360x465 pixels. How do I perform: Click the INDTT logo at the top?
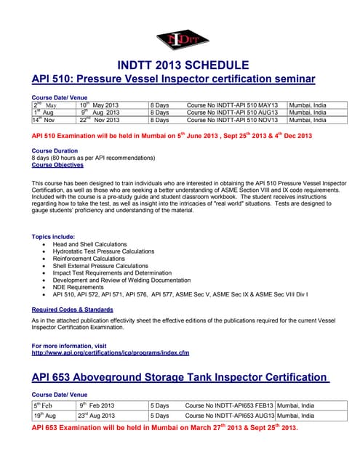(179, 41)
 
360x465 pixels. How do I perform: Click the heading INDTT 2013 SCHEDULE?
(179, 65)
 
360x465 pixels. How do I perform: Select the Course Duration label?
(55, 150)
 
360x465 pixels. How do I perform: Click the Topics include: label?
(54, 237)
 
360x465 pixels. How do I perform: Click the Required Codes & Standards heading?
(73, 309)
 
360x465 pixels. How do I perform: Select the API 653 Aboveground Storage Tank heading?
(180, 377)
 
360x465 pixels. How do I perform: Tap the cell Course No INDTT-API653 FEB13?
(230, 405)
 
